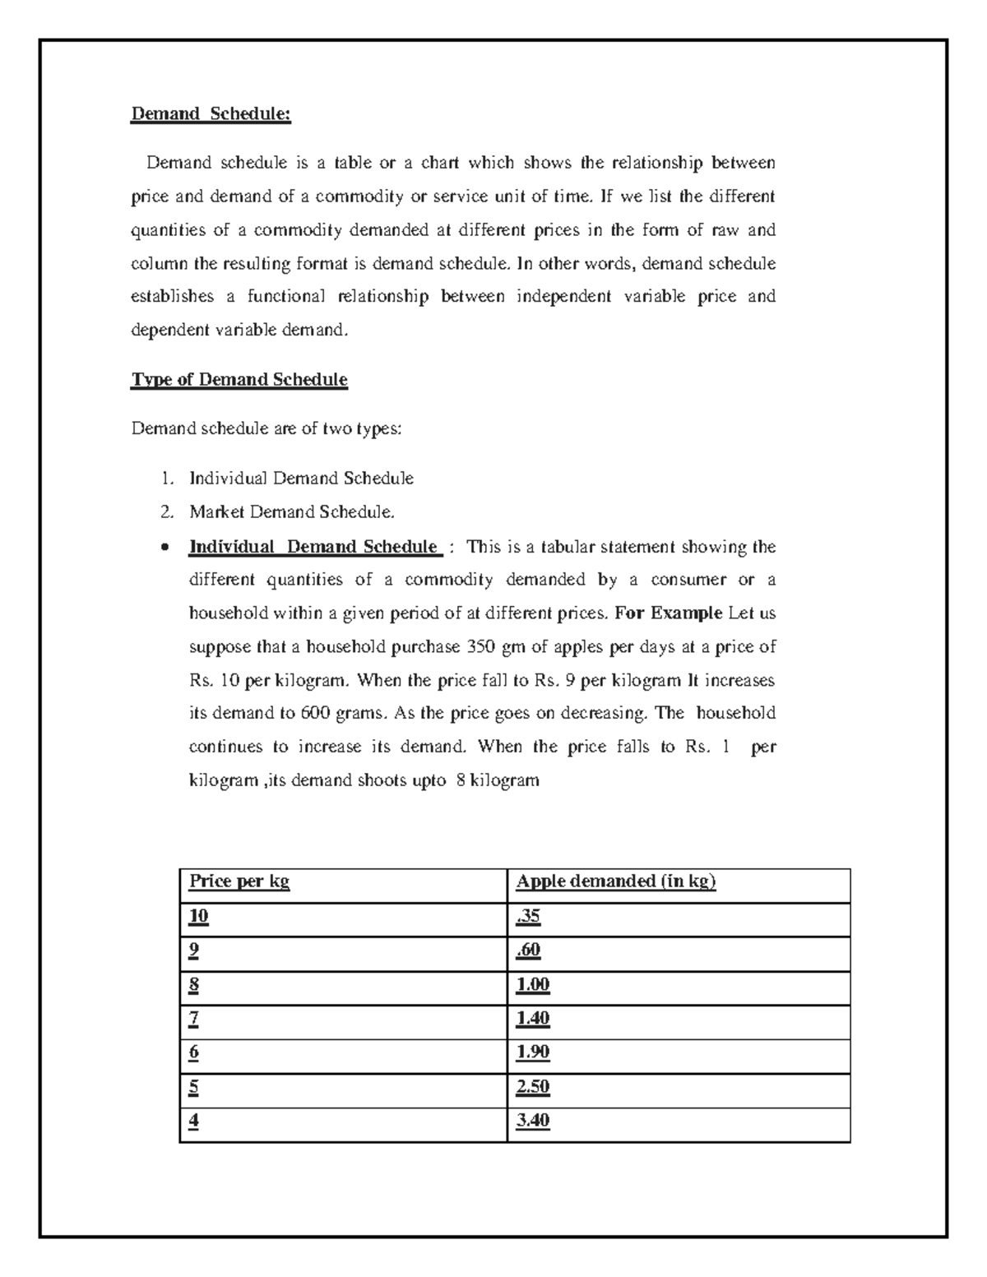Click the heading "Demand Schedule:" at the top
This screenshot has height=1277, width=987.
pyautogui.click(x=211, y=113)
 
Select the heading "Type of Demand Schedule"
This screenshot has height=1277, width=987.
pyautogui.click(x=239, y=380)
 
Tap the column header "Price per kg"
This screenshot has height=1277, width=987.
pyautogui.click(x=239, y=882)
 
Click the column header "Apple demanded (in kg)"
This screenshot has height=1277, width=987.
pyautogui.click(x=616, y=882)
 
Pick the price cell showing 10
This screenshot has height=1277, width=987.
pyautogui.click(x=198, y=917)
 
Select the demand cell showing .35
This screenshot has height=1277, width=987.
pyautogui.click(x=528, y=917)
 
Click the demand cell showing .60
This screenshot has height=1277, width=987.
pyautogui.click(x=528, y=951)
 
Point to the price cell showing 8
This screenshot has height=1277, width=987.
pyautogui.click(x=194, y=985)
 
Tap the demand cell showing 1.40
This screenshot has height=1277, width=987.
pyautogui.click(x=532, y=1019)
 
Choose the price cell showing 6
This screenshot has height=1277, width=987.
pyautogui.click(x=194, y=1053)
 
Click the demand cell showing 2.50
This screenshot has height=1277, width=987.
pyautogui.click(x=532, y=1087)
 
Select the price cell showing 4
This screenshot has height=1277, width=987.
pyautogui.click(x=194, y=1121)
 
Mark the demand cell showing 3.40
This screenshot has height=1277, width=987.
pyautogui.click(x=532, y=1121)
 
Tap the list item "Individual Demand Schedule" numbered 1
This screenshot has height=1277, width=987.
pyautogui.click(x=301, y=479)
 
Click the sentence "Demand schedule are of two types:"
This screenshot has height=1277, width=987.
pyautogui.click(x=266, y=428)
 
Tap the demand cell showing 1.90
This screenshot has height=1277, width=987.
pyautogui.click(x=532, y=1053)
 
